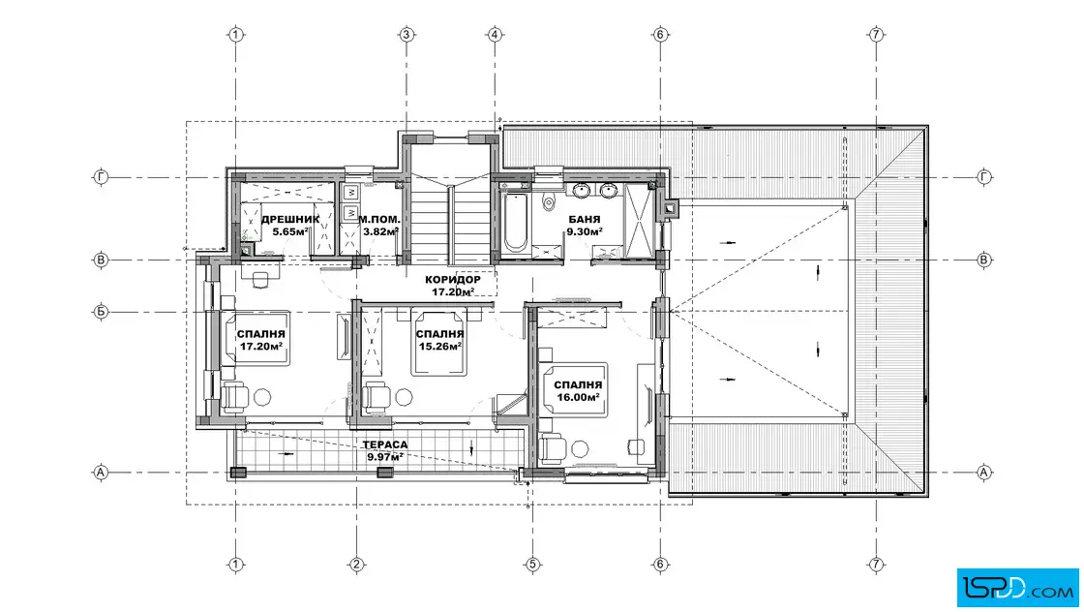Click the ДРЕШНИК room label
[x=290, y=219]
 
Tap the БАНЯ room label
[x=584, y=219]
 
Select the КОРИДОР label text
[x=453, y=280]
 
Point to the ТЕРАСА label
[x=385, y=444]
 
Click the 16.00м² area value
[x=578, y=397]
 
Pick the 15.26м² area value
[x=439, y=347]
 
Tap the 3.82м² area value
[x=381, y=231]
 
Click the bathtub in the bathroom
[x=515, y=223]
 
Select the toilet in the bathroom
[x=550, y=199]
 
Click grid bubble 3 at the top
[x=406, y=34]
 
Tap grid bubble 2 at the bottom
[x=356, y=565]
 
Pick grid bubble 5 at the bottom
[x=532, y=565]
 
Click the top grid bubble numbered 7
[x=876, y=34]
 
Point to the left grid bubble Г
[x=101, y=177]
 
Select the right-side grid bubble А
[x=983, y=473]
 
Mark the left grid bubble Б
[x=101, y=312]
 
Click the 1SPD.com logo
[x=1017, y=588]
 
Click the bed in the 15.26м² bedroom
[x=437, y=344]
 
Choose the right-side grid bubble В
[x=983, y=260]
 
